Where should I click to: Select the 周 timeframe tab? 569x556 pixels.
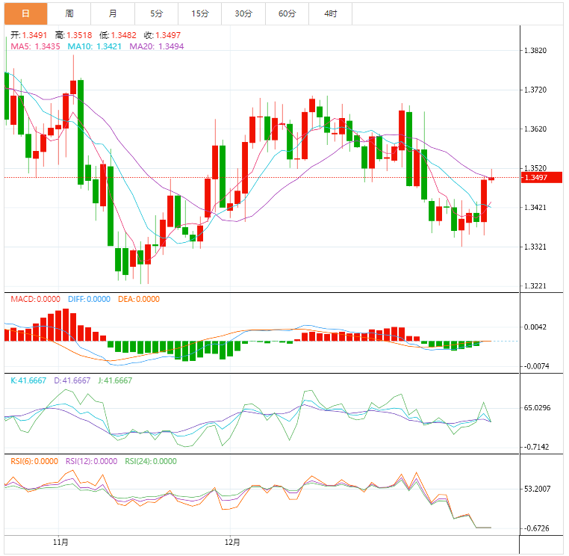69,13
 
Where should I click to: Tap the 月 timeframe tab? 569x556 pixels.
112,13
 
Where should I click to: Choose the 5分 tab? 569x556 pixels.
155,13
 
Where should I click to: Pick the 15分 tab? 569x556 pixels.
199,13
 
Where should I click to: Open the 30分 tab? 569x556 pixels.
243,13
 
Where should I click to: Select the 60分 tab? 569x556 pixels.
287,13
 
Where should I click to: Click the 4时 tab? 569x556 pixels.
330,13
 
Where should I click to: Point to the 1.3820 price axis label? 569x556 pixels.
537,51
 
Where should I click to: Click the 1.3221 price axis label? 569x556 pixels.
537,286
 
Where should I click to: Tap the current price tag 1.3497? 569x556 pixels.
536,177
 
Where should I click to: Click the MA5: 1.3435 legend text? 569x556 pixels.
36,46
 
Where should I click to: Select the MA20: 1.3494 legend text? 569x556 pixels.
156,46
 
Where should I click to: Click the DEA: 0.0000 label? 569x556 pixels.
137,299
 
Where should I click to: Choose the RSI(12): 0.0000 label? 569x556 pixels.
91,461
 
